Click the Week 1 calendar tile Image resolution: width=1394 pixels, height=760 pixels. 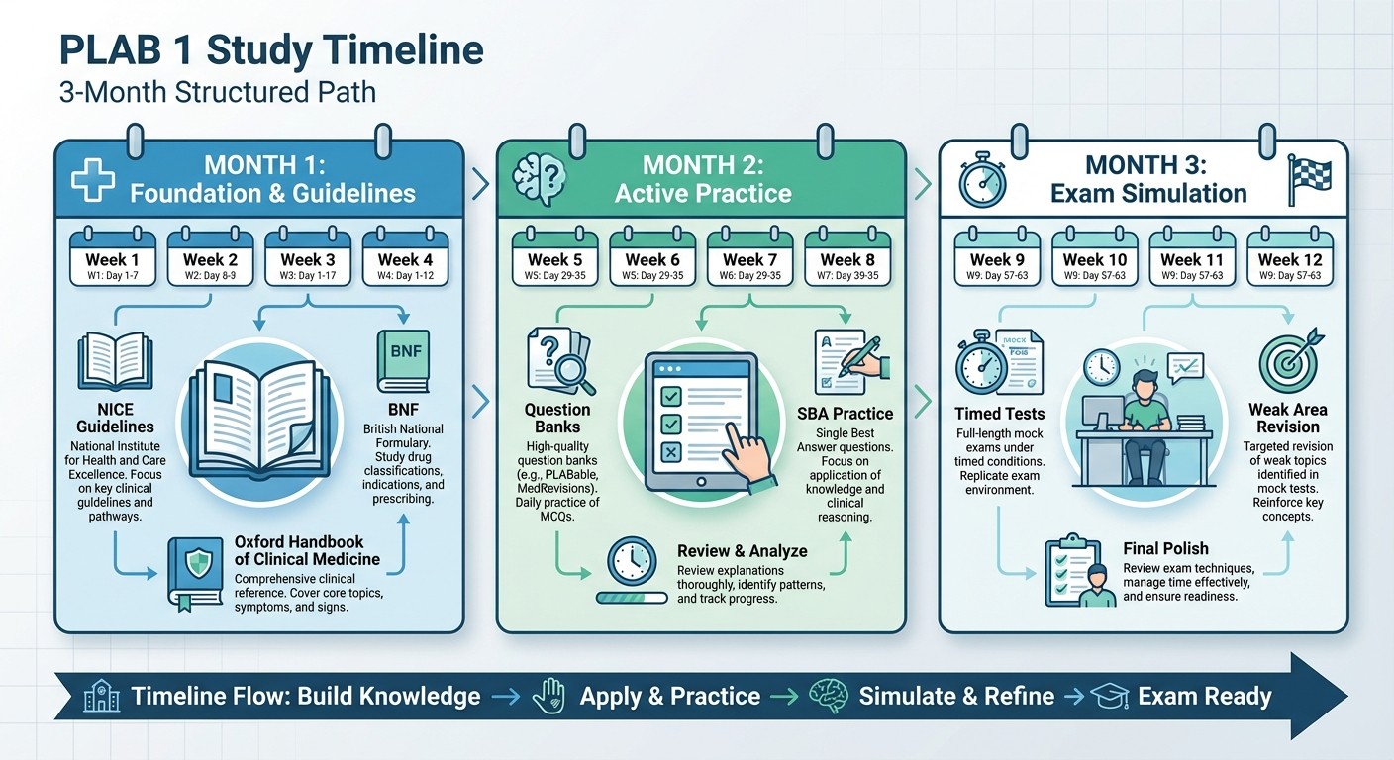[x=113, y=260]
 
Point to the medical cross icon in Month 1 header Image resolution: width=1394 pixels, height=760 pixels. [x=93, y=183]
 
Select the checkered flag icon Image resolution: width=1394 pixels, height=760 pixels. [x=1310, y=182]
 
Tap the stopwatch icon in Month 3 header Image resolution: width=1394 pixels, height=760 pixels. [x=983, y=182]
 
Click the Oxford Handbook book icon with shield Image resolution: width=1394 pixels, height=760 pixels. [x=195, y=570]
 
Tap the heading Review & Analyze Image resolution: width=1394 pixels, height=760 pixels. [x=742, y=551]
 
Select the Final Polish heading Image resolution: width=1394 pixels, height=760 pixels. [x=1165, y=548]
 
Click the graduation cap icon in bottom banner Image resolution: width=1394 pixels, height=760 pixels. [x=1109, y=696]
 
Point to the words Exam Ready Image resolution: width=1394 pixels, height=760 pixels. [x=1204, y=696]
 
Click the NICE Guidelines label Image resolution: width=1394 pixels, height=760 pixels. [x=115, y=418]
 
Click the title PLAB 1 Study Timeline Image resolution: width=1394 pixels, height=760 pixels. [x=272, y=50]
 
